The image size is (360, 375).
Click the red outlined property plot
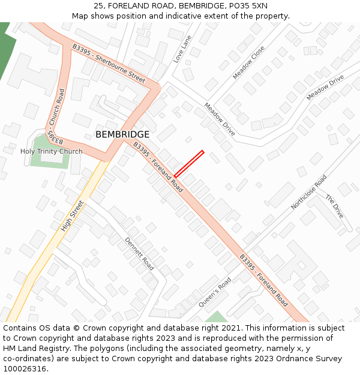pyautogui.click(x=189, y=164)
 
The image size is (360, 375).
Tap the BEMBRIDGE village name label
pyautogui.click(x=122, y=134)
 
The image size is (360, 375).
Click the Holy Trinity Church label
pyautogui.click(x=52, y=151)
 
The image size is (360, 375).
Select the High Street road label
pyautogui.click(x=74, y=216)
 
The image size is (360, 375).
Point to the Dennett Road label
pyautogui.click(x=139, y=253)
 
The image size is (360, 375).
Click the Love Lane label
pyautogui.click(x=182, y=49)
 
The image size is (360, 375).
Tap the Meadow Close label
pyautogui.click(x=248, y=62)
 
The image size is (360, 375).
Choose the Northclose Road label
pyautogui.click(x=309, y=192)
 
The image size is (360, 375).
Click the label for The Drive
pyautogui.click(x=335, y=206)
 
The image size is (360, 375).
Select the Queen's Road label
pyautogui.click(x=215, y=292)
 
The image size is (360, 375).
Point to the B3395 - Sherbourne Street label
pyautogui.click(x=109, y=63)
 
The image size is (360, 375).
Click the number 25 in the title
pyautogui.click(x=98, y=6)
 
